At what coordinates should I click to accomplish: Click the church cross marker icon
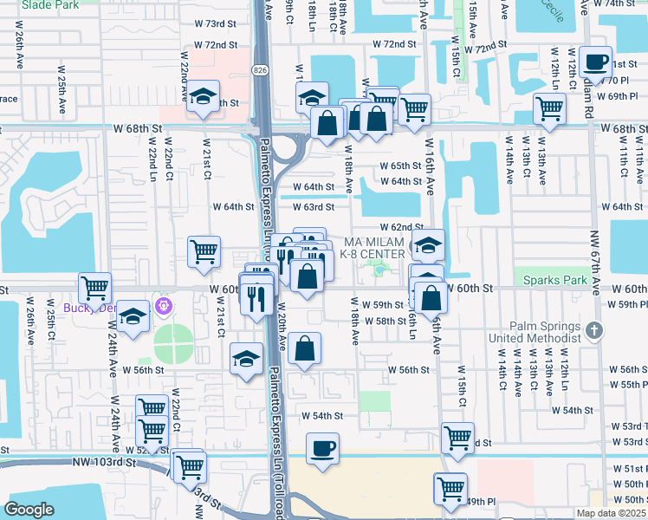tap(593, 329)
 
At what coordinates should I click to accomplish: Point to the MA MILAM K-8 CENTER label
tap(374, 247)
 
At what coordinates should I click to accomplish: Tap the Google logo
tap(29, 510)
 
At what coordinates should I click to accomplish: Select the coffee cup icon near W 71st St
tap(595, 62)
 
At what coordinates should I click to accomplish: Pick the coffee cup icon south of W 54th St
tap(323, 448)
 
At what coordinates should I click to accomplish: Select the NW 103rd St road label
tap(105, 463)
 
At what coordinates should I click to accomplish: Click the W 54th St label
tap(322, 416)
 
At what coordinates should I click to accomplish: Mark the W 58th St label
tap(386, 321)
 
